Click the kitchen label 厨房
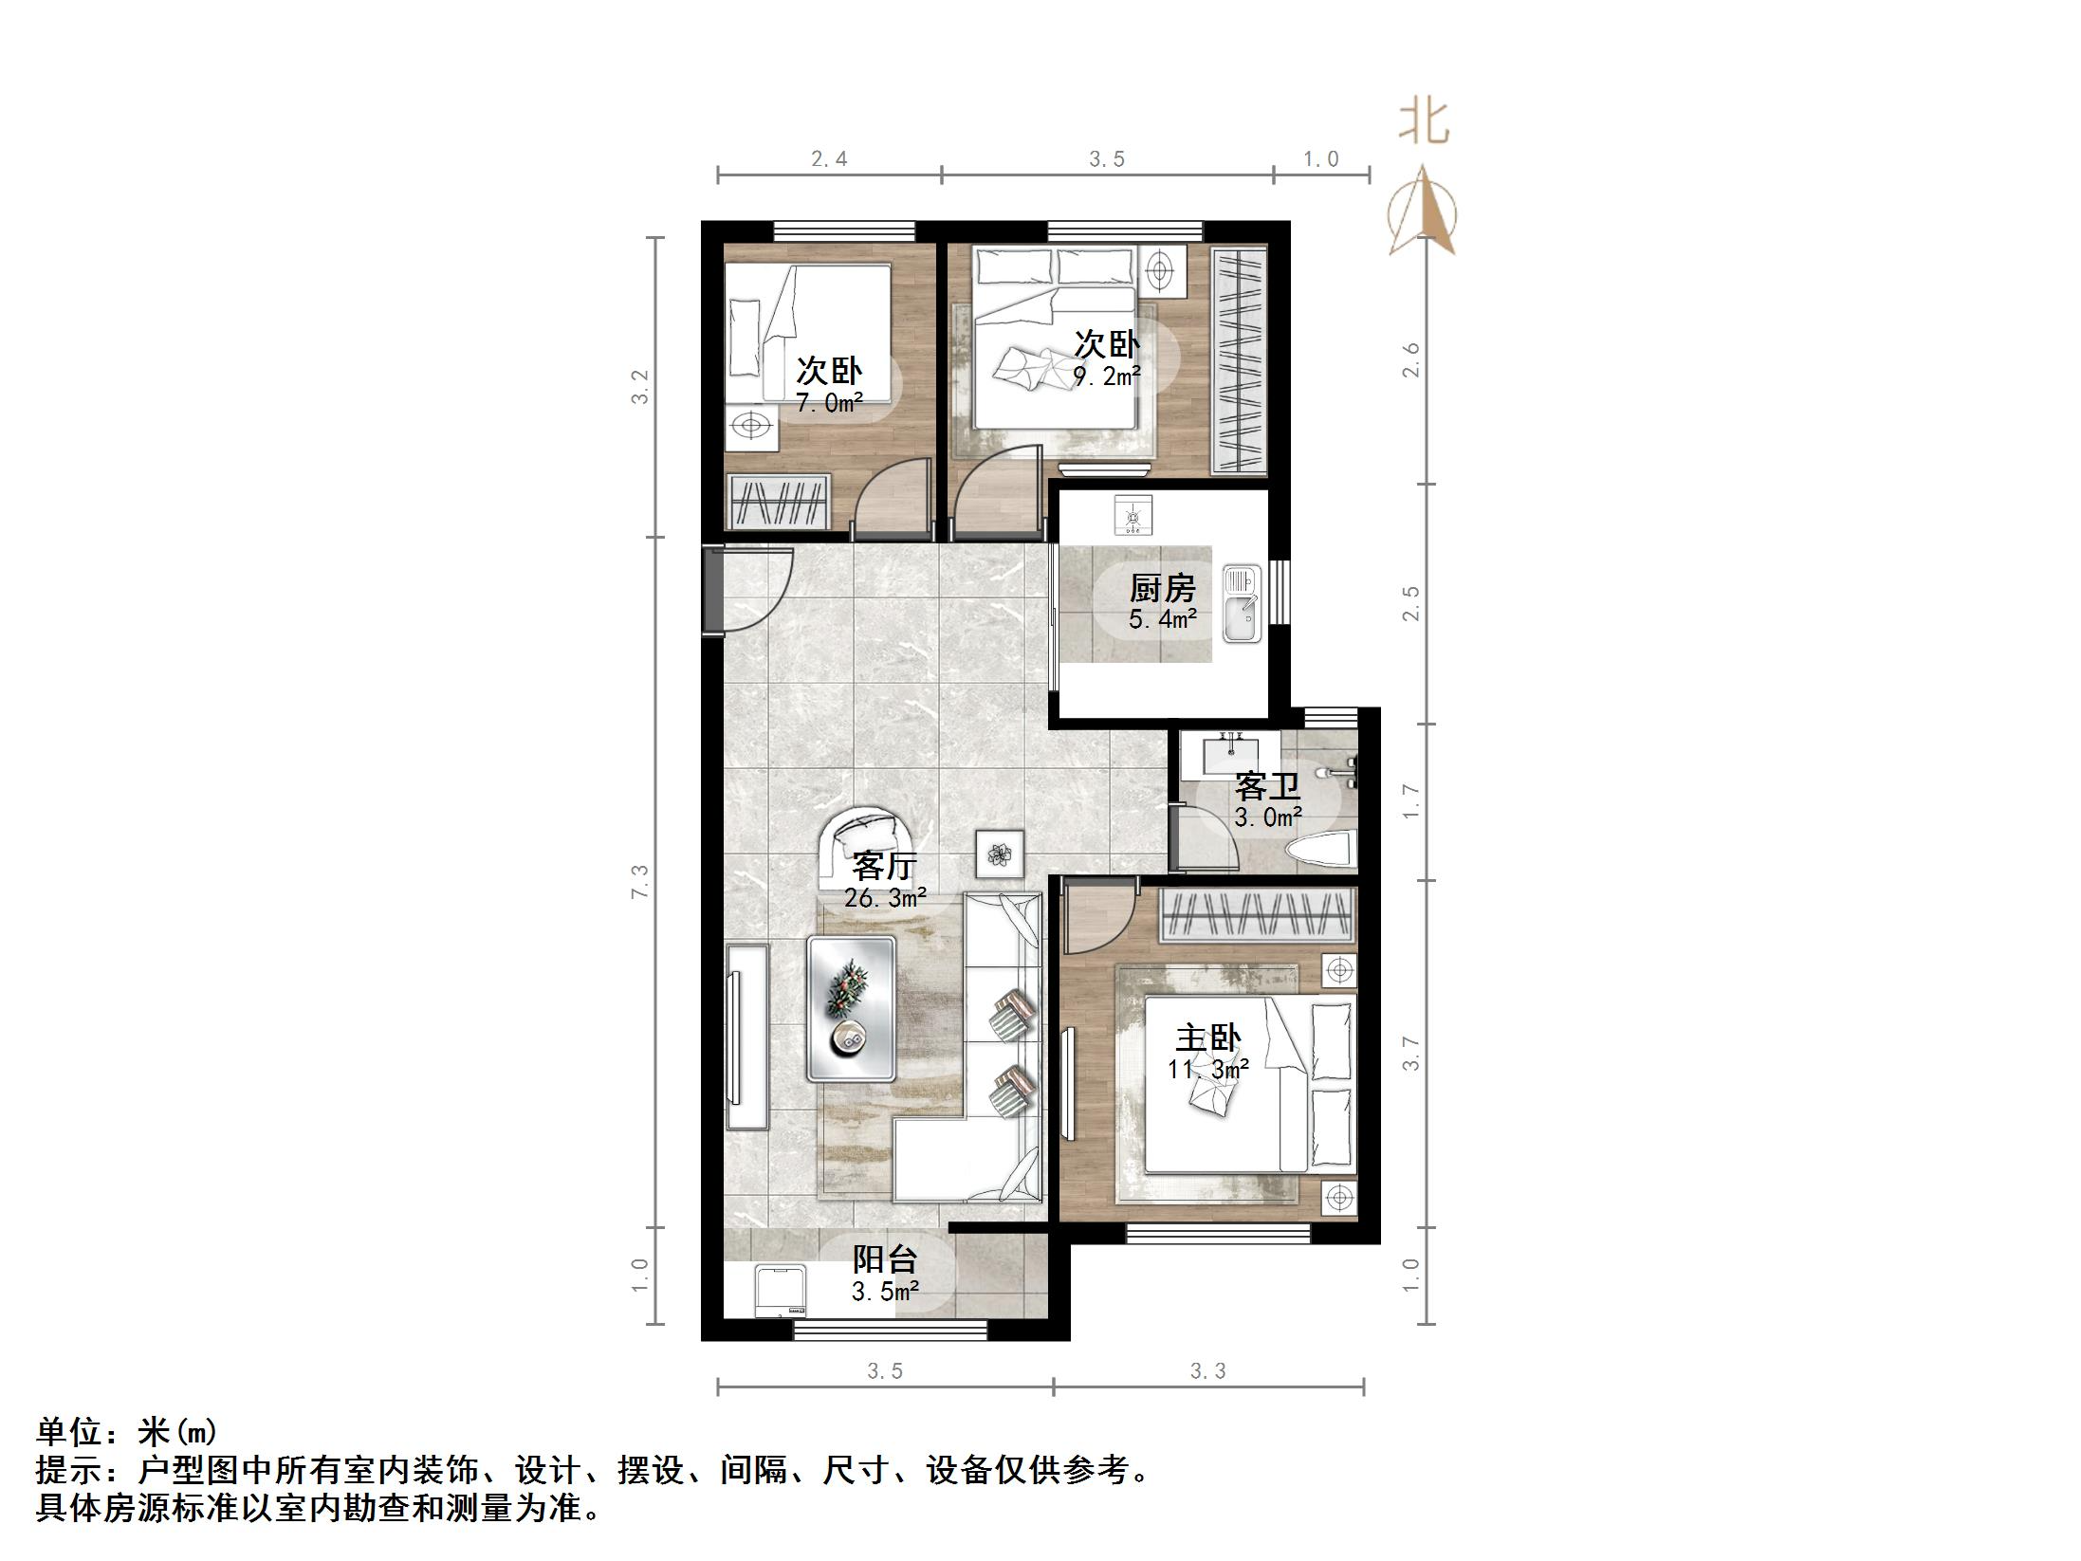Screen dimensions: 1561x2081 click(1162, 589)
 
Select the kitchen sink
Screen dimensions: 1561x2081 click(1241, 604)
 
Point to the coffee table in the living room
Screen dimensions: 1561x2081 click(851, 1008)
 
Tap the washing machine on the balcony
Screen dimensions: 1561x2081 click(781, 1292)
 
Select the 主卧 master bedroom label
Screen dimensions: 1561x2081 click(1207, 1038)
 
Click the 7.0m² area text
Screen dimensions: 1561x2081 click(829, 403)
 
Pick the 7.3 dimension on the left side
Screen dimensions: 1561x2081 click(641, 881)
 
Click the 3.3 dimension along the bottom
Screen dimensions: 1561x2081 click(1207, 1370)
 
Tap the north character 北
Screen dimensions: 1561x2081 click(1424, 124)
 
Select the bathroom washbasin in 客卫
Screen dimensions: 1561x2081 click(1231, 755)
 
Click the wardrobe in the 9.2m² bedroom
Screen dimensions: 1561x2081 click(1240, 360)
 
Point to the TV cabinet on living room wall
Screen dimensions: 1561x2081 click(746, 1036)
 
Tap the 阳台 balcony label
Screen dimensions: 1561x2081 click(884, 1259)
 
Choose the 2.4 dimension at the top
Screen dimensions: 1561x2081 click(829, 159)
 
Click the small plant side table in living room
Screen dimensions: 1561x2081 click(1001, 854)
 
